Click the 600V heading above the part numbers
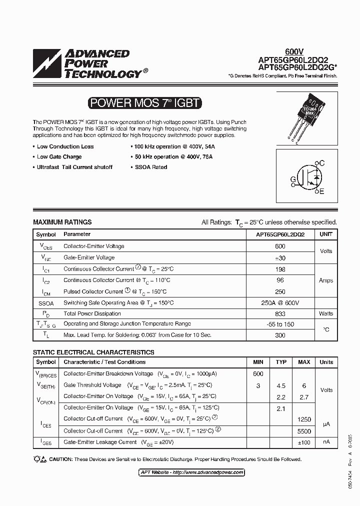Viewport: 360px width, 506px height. pos(294,51)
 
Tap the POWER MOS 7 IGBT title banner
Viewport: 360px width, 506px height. pos(144,103)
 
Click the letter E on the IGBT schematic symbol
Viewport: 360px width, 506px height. pos(321,191)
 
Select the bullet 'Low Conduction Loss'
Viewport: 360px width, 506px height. pos(65,146)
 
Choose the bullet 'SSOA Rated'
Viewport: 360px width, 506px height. pos(151,167)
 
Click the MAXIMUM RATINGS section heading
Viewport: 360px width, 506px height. pos(62,222)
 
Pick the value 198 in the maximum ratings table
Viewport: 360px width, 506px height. pos(280,269)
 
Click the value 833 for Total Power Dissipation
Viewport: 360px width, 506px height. pos(280,314)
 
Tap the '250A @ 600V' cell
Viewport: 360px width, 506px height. pos(280,303)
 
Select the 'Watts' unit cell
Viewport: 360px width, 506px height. pos(326,313)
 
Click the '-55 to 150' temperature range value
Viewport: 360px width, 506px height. pos(280,324)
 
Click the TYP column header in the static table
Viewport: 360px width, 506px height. pos(281,362)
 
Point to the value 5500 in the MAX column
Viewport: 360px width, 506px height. pos(304,431)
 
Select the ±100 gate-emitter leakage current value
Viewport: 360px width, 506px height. pos(304,442)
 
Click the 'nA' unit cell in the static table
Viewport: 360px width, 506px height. pos(326,442)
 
